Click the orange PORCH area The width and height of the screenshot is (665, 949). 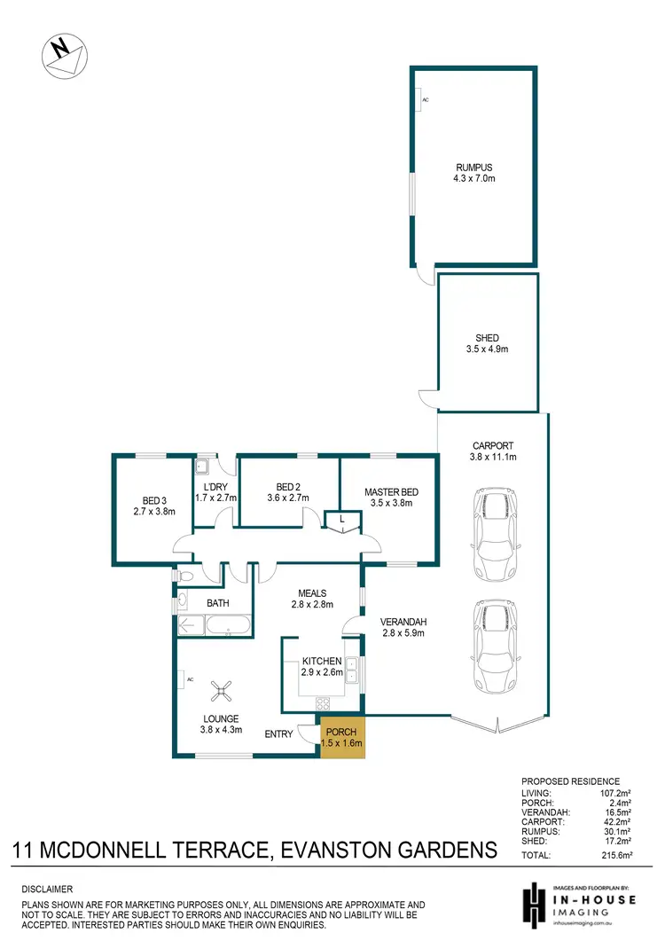point(341,737)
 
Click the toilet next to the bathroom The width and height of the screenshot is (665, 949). point(184,576)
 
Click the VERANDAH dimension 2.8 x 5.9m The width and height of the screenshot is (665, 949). point(403,633)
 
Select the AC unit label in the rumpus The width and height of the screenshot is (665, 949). point(425,100)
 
